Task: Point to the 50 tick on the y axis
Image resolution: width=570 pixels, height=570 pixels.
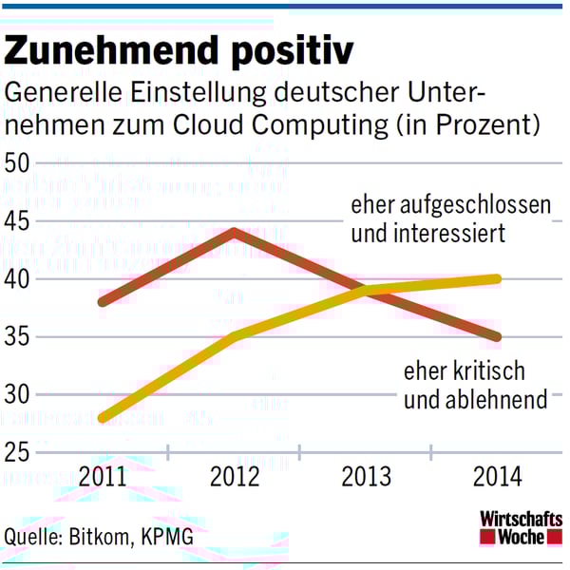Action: [x=19, y=162]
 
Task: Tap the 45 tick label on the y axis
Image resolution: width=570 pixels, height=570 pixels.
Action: [x=19, y=220]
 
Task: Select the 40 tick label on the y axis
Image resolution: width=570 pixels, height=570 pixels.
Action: [x=19, y=279]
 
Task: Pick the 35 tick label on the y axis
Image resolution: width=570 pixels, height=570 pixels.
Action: [x=19, y=337]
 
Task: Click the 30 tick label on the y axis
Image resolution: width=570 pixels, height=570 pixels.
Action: [x=19, y=394]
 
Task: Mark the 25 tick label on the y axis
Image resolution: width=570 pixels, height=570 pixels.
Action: [x=19, y=452]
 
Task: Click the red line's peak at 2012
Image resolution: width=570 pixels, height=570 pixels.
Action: [x=234, y=232]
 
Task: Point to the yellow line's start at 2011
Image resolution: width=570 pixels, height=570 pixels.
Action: [x=102, y=417]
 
